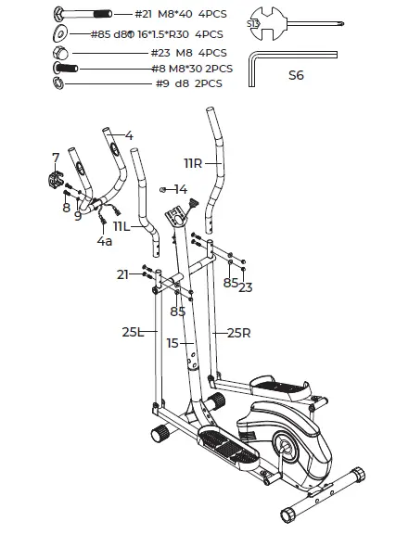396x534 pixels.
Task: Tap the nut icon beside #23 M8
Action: pos(60,53)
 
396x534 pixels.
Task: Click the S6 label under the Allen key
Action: pos(296,75)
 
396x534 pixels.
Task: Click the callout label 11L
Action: pos(123,226)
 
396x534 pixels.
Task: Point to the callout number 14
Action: pos(181,188)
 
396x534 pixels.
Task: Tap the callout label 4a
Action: pos(105,242)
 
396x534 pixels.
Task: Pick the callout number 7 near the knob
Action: pos(56,157)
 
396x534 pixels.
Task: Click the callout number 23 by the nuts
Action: pos(244,286)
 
